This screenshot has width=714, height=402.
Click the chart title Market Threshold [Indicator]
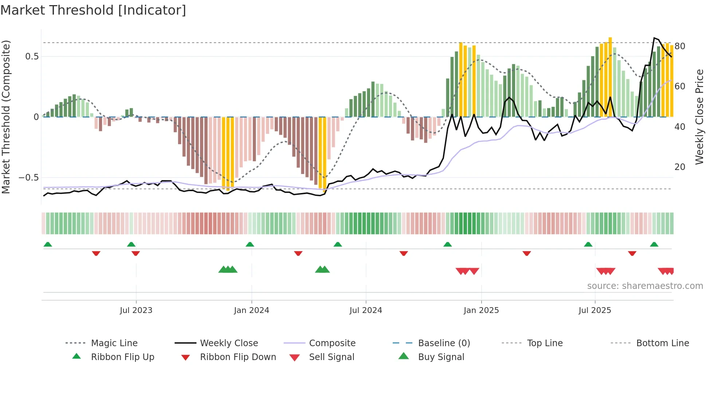coord(93,10)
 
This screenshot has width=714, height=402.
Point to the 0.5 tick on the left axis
coord(32,57)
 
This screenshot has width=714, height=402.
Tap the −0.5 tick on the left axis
coord(29,178)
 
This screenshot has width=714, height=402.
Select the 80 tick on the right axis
coord(680,46)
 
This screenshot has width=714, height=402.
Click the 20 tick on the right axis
coord(680,167)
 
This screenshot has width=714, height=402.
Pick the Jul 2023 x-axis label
coord(136,310)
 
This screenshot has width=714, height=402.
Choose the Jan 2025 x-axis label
coord(481,310)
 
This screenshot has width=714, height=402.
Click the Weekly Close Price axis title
coord(699,117)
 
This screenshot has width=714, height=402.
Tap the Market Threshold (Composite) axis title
coord(6,117)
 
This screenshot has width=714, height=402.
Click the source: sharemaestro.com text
coord(645,286)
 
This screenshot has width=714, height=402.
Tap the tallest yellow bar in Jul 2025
coord(610,77)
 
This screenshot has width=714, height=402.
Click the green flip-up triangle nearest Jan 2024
coord(250,244)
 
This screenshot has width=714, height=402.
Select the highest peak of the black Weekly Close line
coord(654,38)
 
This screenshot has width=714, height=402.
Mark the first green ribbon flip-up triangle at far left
coord(48,244)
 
